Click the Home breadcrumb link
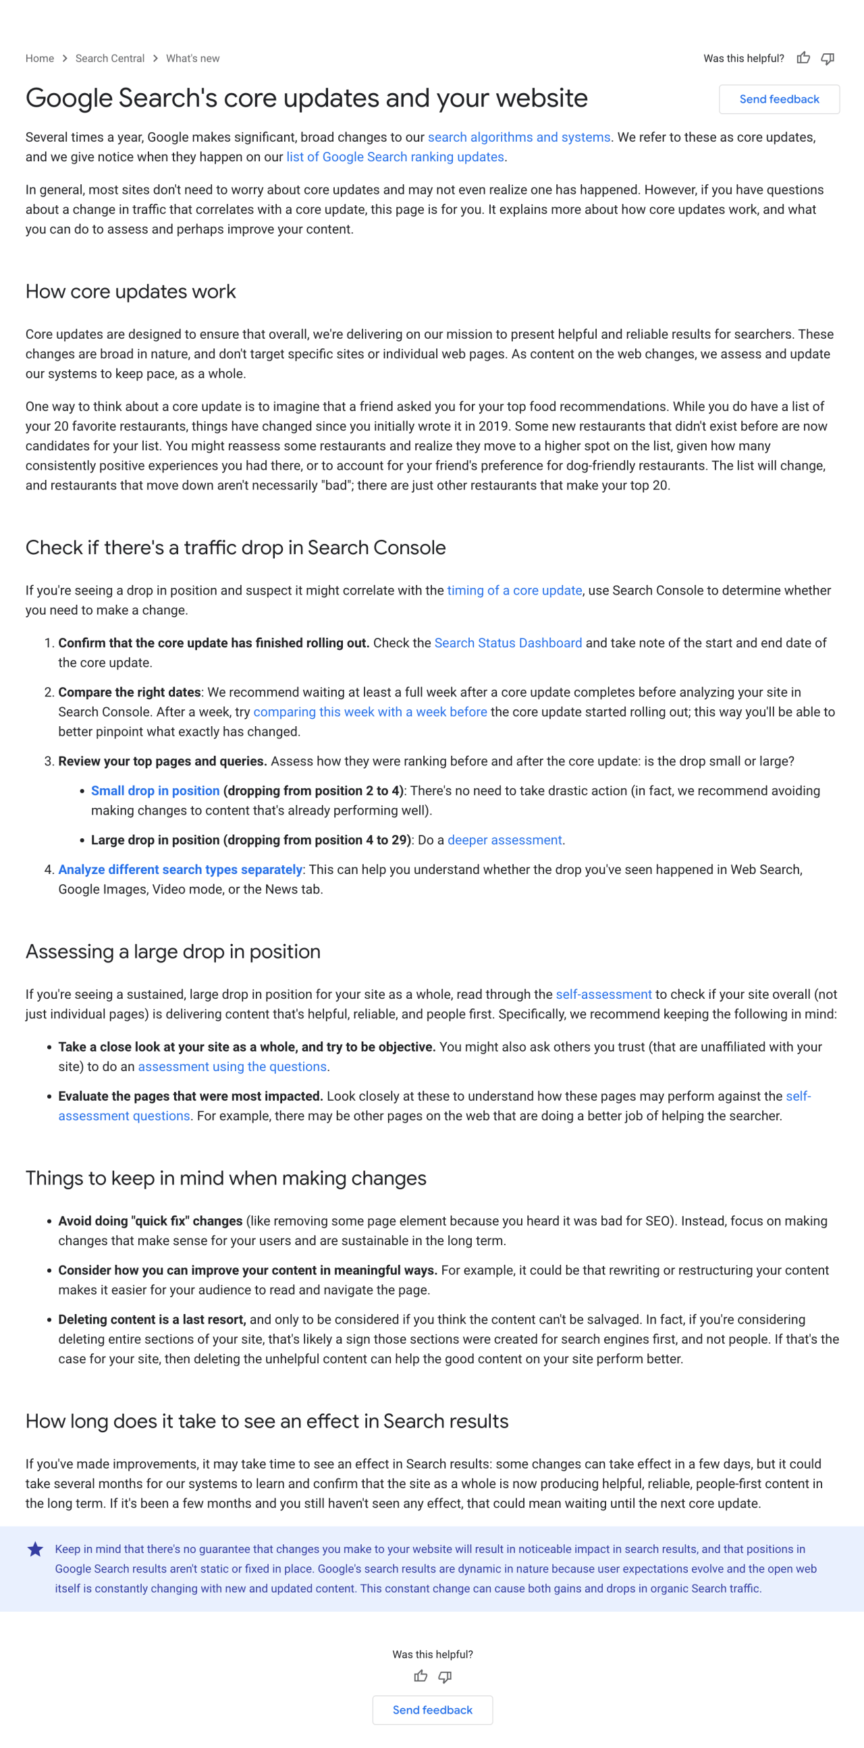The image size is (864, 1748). [x=39, y=58]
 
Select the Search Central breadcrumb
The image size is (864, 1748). [x=110, y=58]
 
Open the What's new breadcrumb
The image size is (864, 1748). [x=193, y=58]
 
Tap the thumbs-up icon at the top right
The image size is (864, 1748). [x=804, y=58]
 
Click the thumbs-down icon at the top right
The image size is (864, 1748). [x=828, y=58]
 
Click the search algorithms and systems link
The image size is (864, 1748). [x=518, y=137]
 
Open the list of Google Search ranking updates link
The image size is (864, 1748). [x=395, y=157]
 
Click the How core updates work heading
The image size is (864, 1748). [x=130, y=292]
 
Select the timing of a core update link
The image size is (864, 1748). [x=514, y=591]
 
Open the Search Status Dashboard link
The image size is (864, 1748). [x=508, y=643]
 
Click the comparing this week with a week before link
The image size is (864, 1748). [x=370, y=712]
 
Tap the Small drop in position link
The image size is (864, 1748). [x=155, y=790]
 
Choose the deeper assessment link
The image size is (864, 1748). [x=504, y=840]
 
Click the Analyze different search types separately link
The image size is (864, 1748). [x=180, y=869]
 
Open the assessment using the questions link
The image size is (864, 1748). [x=232, y=1067]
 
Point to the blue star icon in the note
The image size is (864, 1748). [x=35, y=1549]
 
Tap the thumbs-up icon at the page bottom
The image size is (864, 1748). [x=421, y=1676]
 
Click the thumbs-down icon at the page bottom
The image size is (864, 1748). [x=445, y=1676]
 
